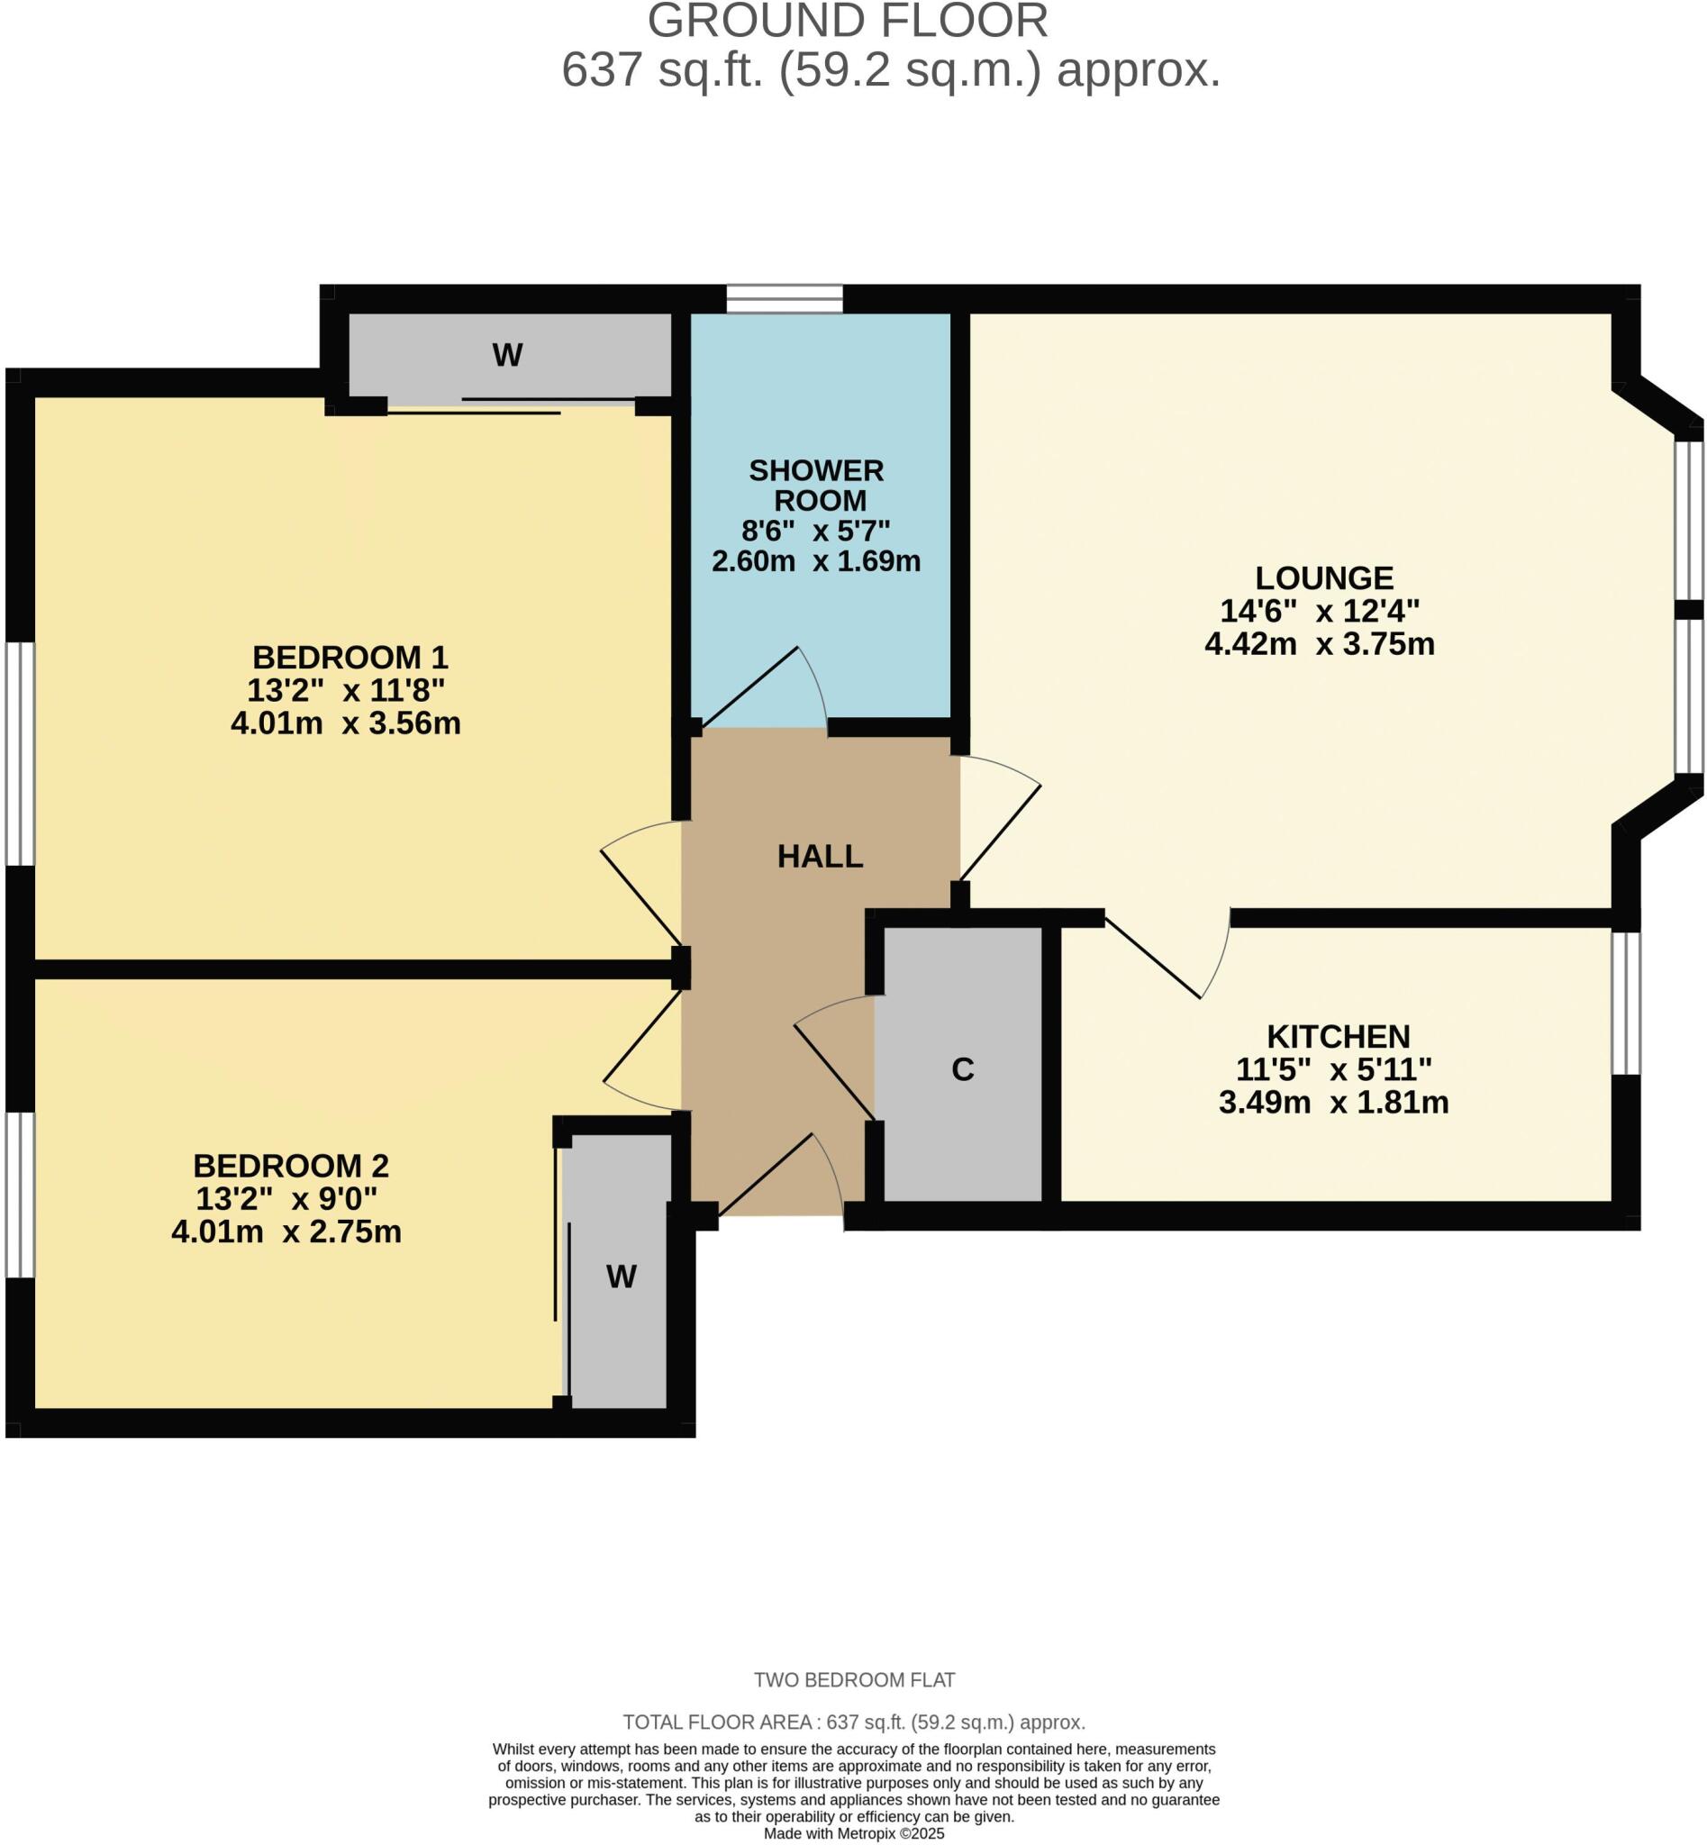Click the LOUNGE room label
1322,578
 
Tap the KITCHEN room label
1338,1037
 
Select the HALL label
820,857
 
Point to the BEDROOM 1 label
350,658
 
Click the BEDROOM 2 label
291,1166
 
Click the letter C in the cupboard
963,1070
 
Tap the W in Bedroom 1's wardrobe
507,355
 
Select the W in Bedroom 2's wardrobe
621,1277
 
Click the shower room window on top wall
785,299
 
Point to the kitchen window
1626,1004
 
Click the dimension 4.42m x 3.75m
1319,644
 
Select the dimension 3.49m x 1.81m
1333,1102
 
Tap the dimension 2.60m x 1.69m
815,561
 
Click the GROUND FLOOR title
847,21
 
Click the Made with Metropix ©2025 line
854,1833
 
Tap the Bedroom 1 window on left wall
21,753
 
